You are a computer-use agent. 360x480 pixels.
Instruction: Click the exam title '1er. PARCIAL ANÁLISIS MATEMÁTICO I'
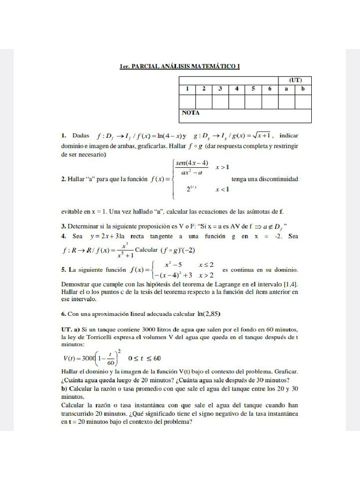(x=180, y=67)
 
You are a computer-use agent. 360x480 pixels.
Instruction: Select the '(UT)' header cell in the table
(x=295, y=80)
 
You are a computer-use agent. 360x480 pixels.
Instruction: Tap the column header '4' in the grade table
(x=237, y=88)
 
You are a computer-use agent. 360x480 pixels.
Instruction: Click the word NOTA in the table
(x=190, y=113)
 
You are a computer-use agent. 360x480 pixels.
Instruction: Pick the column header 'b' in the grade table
(x=303, y=88)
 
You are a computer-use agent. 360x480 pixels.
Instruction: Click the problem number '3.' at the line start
(x=64, y=226)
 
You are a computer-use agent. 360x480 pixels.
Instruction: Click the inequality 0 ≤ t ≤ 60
(x=144, y=359)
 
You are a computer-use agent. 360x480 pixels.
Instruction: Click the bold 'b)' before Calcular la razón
(x=64, y=389)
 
